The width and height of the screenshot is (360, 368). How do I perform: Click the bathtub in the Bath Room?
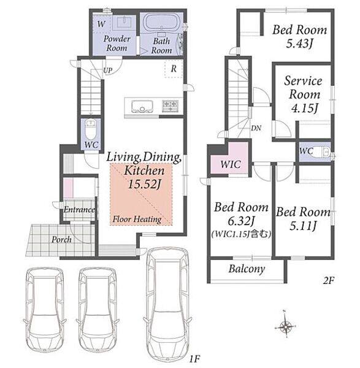click(161, 22)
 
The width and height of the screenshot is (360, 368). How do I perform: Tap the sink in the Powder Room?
click(123, 23)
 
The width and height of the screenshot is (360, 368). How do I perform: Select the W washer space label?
click(101, 24)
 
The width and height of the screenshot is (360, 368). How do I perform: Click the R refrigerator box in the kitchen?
click(174, 69)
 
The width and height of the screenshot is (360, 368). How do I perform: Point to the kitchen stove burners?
click(170, 105)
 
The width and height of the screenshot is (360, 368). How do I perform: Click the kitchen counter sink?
click(142, 107)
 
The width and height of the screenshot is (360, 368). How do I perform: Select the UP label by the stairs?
click(108, 70)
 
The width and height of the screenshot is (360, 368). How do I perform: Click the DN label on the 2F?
click(256, 128)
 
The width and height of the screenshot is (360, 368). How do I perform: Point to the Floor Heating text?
click(137, 219)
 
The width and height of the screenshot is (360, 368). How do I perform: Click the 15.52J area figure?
click(145, 184)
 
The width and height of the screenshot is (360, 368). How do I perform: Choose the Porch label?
click(61, 240)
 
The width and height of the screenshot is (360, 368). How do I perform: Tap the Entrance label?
click(79, 209)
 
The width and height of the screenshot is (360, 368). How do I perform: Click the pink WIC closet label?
click(231, 164)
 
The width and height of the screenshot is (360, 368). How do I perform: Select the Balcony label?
click(247, 269)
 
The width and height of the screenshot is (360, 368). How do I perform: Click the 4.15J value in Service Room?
click(304, 108)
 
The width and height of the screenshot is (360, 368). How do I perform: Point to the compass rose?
click(285, 326)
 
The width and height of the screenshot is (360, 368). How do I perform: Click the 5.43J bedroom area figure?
click(299, 44)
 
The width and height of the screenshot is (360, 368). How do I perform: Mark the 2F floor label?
click(328, 280)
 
